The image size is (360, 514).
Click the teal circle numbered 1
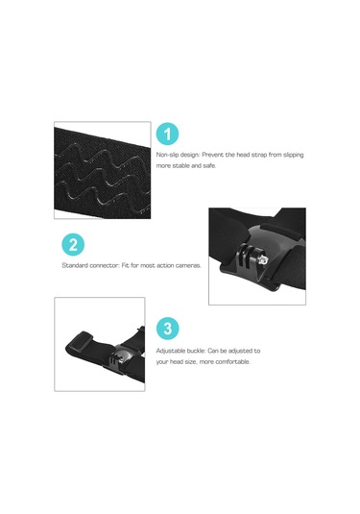tap(167, 134)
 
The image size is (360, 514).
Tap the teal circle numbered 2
tap(73, 245)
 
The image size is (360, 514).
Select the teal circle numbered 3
tap(167, 329)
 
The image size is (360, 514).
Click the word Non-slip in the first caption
tap(168, 155)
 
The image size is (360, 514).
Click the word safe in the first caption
tap(209, 166)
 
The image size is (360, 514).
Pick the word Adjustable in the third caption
tap(170, 351)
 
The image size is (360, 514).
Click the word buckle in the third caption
tap(196, 351)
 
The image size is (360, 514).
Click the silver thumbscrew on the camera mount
tap(263, 260)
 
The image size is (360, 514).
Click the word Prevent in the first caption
tap(212, 155)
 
